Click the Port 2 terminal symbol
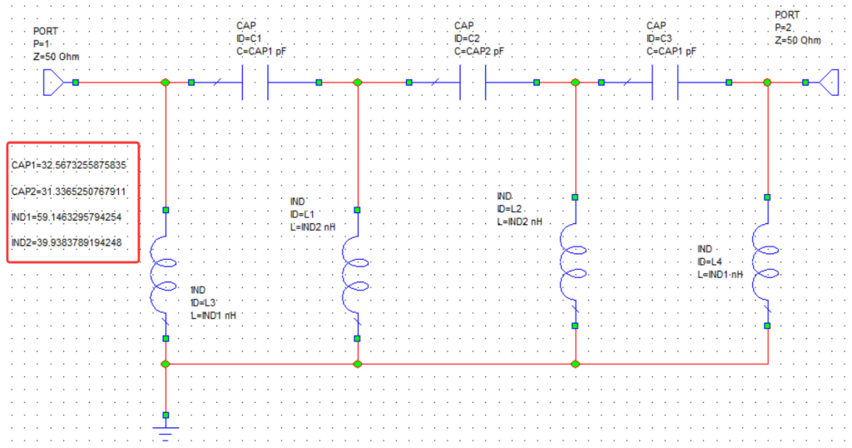[x=829, y=82]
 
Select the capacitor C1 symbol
[x=255, y=82]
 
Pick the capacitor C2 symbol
[x=473, y=82]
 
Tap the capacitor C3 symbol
[x=666, y=82]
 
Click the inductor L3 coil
[x=166, y=275]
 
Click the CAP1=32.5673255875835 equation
[x=69, y=165]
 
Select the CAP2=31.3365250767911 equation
[x=69, y=192]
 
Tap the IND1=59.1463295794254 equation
[x=67, y=217]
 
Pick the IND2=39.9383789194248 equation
[x=67, y=243]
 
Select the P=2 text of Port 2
[x=785, y=27]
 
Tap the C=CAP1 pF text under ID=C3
[x=671, y=51]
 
